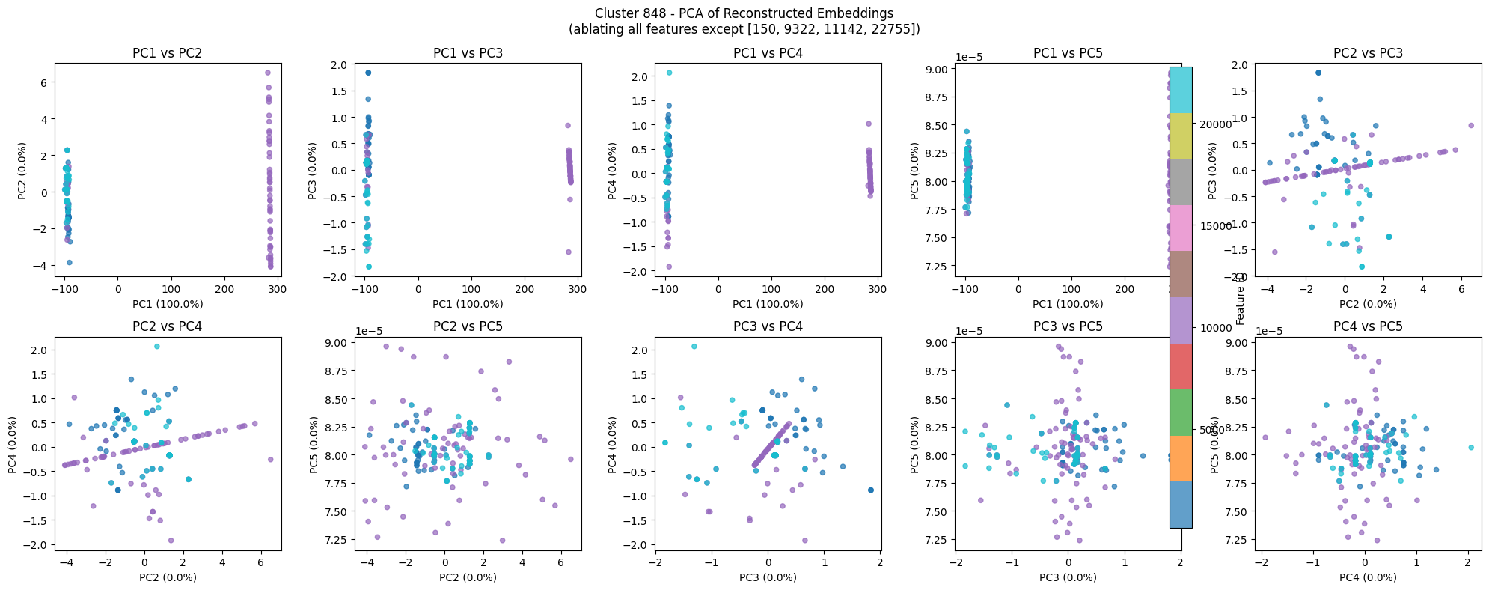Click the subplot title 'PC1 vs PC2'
click(x=167, y=53)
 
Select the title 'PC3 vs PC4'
click(x=768, y=326)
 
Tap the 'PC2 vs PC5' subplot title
click(x=468, y=326)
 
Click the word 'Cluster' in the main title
click(x=615, y=13)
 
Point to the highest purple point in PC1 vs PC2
click(x=268, y=73)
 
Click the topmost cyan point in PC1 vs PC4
click(x=669, y=73)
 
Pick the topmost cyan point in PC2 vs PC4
click(x=156, y=346)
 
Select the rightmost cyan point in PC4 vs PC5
click(x=1471, y=447)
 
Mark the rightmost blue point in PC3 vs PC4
click(x=870, y=490)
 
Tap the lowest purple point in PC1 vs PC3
click(x=569, y=252)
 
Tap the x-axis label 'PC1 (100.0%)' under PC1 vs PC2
click(x=167, y=304)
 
